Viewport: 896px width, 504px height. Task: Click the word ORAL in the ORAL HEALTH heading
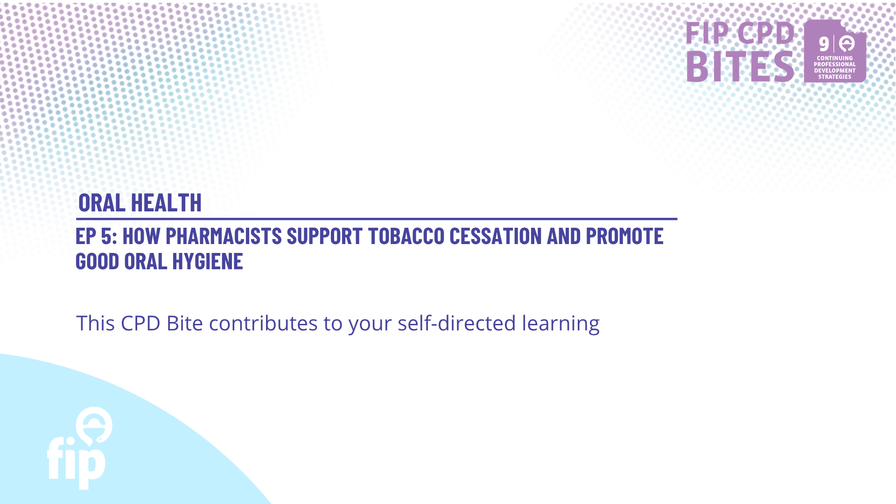[x=102, y=203]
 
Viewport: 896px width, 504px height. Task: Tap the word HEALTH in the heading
[x=166, y=203]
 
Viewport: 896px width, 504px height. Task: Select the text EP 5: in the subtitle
[x=96, y=236]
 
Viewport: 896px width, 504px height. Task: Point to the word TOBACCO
[x=406, y=236]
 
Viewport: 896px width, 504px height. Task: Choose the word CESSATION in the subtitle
[x=496, y=236]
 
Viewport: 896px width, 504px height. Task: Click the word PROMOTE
[x=624, y=236]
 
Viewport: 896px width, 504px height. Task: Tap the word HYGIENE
[x=208, y=261]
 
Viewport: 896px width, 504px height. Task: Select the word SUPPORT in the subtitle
[x=324, y=236]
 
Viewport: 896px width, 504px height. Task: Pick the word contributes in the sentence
[x=263, y=323]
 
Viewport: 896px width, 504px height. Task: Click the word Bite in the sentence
[x=185, y=323]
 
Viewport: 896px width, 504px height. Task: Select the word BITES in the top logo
[x=740, y=67]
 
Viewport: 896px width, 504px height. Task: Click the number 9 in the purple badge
[x=824, y=44]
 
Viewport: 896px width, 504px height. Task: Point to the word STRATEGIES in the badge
[x=835, y=77]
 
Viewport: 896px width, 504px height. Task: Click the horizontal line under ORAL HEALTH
[x=377, y=219]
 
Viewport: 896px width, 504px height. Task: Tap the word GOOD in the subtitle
[x=98, y=261]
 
